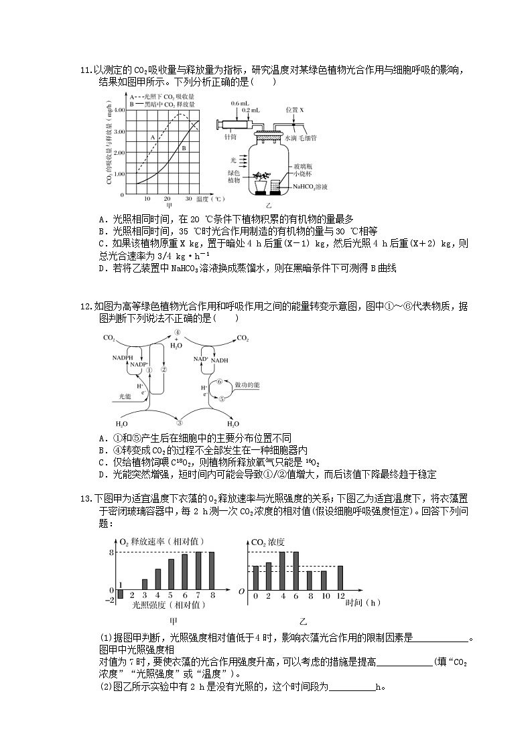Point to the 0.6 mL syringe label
tap(239, 104)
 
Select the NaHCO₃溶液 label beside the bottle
tap(310, 187)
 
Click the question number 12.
tap(84, 307)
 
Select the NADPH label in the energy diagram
tap(123, 358)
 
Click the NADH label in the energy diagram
tap(220, 360)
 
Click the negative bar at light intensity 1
tap(120, 593)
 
